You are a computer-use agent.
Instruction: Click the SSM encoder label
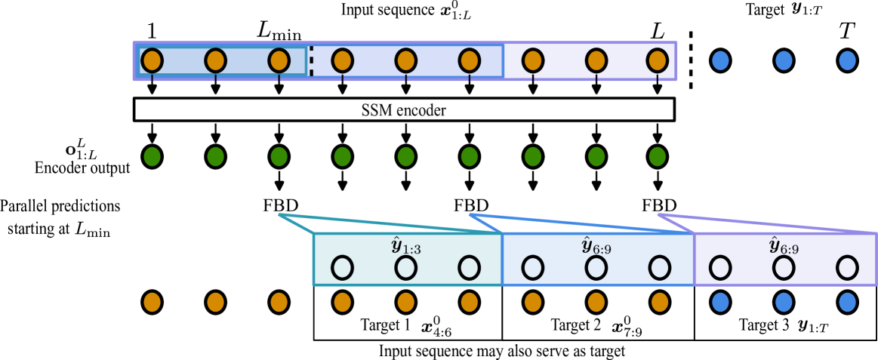click(403, 110)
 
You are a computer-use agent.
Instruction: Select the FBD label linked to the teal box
click(279, 205)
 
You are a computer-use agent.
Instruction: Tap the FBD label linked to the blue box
click(470, 205)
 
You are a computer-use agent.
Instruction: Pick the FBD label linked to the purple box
click(659, 205)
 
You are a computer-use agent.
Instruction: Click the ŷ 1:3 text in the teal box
click(406, 246)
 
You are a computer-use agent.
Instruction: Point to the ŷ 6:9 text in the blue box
click(596, 246)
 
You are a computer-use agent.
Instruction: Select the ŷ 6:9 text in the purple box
click(784, 246)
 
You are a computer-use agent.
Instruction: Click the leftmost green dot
click(152, 157)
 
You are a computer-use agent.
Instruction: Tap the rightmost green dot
click(657, 157)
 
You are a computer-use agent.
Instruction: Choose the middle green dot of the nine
click(405, 157)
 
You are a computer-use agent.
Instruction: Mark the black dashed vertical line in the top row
click(311, 60)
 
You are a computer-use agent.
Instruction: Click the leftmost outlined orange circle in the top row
click(152, 60)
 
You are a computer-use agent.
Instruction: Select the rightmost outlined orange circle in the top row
click(657, 60)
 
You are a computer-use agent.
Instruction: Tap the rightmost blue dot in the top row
click(847, 60)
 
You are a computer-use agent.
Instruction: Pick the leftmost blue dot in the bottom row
click(720, 302)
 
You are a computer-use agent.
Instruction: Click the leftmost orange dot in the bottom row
click(152, 302)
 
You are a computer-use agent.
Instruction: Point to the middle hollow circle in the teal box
click(405, 267)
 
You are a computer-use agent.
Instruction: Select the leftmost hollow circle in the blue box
click(532, 267)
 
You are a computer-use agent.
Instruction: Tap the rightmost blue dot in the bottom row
click(847, 302)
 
